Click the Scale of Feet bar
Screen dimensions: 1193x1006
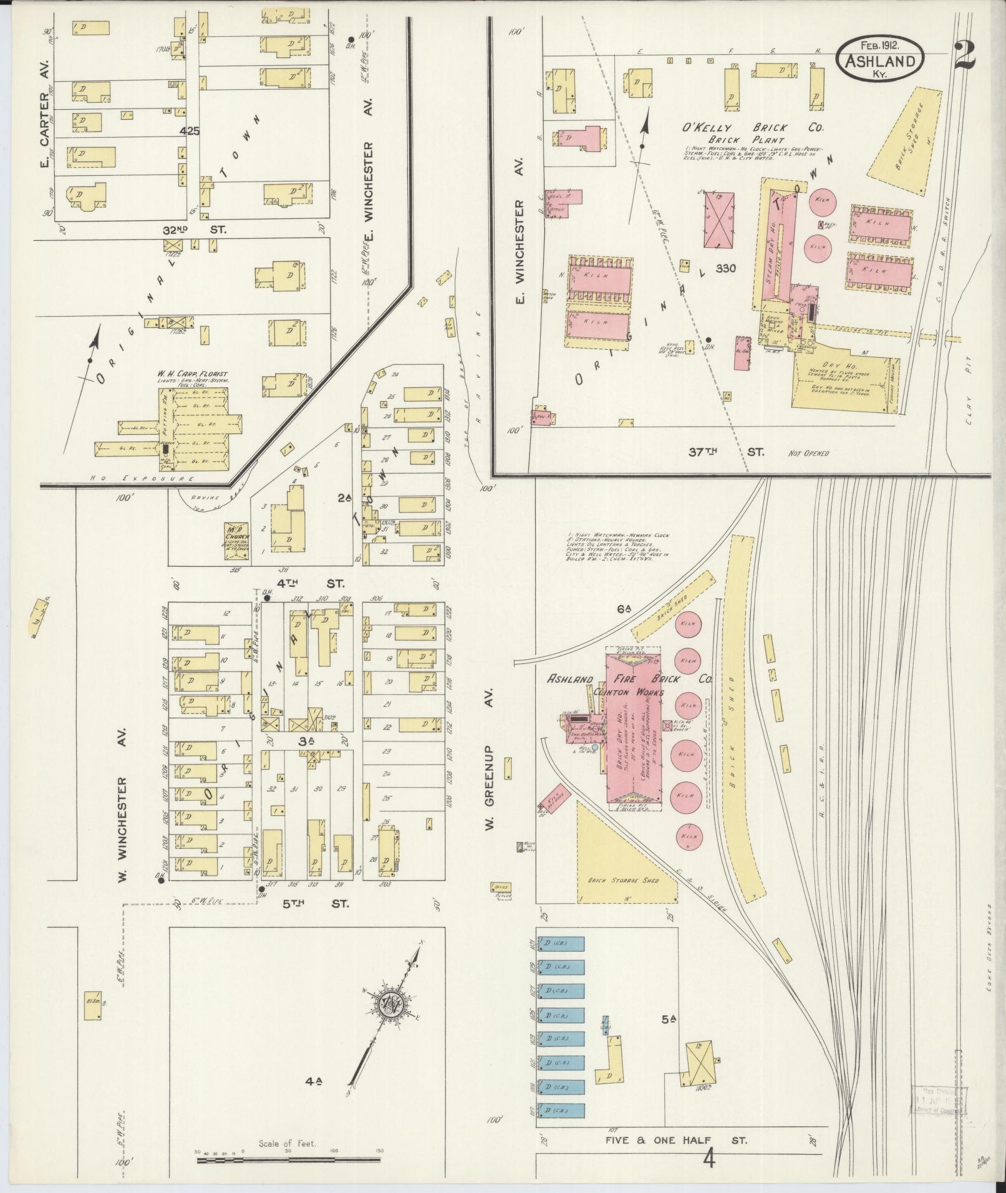(288, 1160)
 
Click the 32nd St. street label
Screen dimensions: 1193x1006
(195, 229)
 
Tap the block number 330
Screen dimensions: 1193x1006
(726, 269)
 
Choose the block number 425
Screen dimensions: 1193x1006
(189, 132)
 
